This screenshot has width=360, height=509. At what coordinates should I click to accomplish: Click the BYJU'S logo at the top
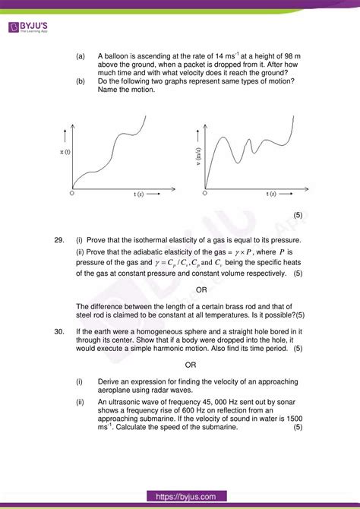click(x=28, y=27)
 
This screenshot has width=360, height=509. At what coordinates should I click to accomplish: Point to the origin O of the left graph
click(x=71, y=194)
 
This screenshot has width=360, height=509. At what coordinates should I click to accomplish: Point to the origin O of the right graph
click(x=204, y=193)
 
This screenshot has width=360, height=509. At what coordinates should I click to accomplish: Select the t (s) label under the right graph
click(x=271, y=194)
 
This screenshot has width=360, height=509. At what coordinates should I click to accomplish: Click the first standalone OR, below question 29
click(x=201, y=289)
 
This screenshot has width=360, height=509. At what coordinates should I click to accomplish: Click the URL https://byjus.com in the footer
click(x=179, y=497)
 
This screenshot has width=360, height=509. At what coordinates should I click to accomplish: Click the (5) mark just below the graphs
click(x=298, y=215)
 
